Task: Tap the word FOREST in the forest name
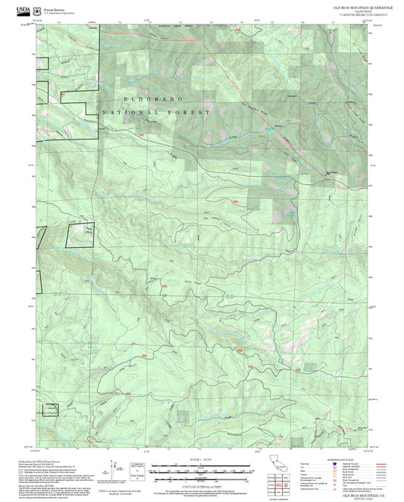click(193, 111)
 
